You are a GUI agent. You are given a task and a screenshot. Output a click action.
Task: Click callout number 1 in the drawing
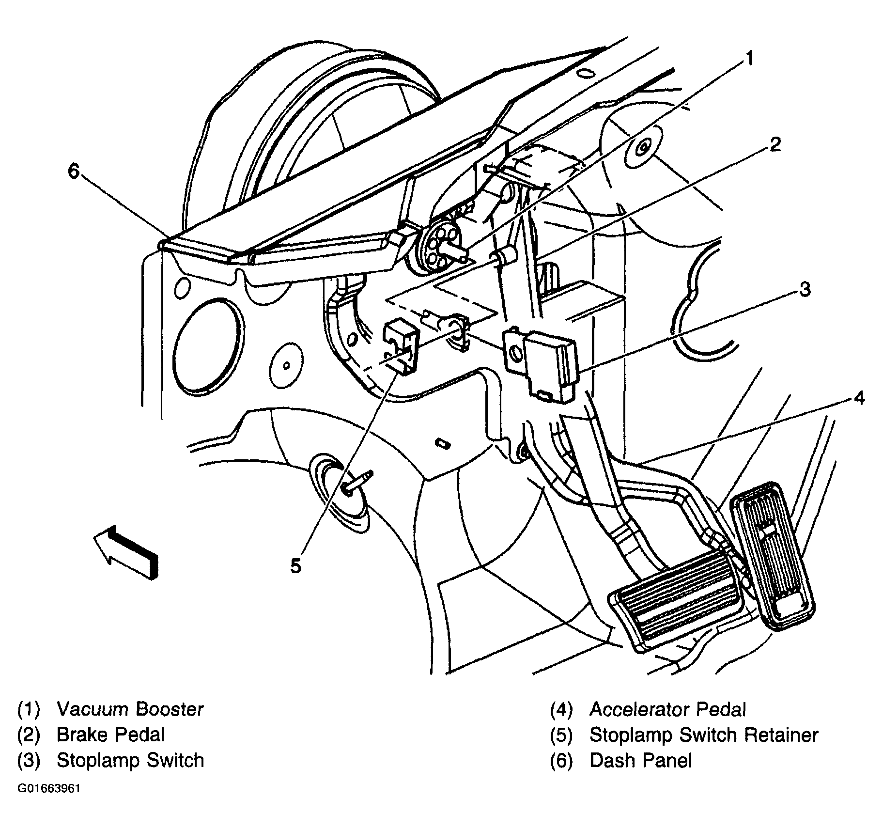[x=749, y=59]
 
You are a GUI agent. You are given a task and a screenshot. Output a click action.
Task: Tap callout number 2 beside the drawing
[x=775, y=144]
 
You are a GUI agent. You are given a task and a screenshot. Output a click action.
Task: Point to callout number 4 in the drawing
[x=859, y=398]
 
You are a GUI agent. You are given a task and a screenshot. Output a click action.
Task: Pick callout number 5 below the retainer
[x=296, y=565]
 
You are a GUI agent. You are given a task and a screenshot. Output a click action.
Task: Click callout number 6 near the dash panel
[x=74, y=171]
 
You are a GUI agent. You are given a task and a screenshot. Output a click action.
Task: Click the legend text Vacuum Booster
[x=130, y=709]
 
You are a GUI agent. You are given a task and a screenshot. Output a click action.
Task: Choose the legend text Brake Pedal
[x=110, y=735]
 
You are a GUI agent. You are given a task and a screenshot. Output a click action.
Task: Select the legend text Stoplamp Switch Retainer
[x=703, y=735]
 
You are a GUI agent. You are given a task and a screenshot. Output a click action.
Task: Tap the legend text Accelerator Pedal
[x=667, y=709]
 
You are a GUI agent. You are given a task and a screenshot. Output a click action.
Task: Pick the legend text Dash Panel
[x=640, y=760]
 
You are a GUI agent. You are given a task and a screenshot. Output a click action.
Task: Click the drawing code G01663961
[x=49, y=788]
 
